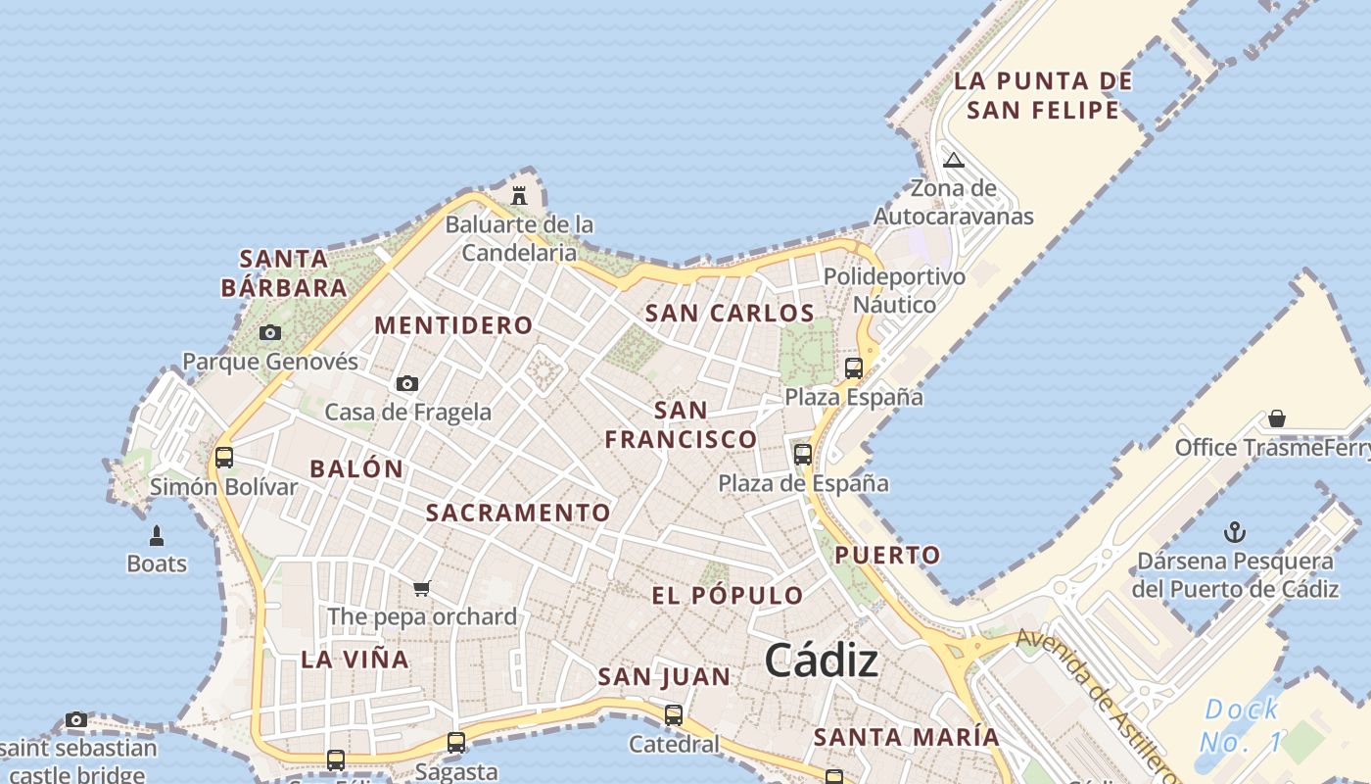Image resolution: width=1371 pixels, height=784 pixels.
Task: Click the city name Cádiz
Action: tap(821, 661)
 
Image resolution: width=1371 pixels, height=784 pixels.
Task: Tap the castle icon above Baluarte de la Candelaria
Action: tap(519, 195)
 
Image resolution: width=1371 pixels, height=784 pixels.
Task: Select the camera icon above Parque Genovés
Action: tap(270, 333)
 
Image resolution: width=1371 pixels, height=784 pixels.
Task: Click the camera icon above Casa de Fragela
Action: tap(407, 383)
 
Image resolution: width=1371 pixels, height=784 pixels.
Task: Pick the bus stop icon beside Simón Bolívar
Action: tap(224, 457)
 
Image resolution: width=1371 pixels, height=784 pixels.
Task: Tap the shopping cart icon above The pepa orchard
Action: tap(422, 588)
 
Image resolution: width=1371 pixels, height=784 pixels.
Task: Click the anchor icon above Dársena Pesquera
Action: tap(1236, 533)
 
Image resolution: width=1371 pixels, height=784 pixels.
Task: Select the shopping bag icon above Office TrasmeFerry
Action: tap(1277, 418)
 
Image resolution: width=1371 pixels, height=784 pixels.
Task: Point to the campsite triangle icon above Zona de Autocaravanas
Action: tap(954, 160)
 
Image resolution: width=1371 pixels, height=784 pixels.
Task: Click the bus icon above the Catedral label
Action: tap(673, 715)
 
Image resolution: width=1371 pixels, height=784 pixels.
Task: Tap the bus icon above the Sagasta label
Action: tap(456, 743)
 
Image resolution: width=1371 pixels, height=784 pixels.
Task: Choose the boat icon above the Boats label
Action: tap(157, 536)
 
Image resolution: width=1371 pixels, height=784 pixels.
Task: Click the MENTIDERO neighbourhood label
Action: tap(453, 325)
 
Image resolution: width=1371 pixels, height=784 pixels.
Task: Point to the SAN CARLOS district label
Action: tap(730, 314)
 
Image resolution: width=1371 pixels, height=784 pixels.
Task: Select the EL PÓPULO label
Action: tap(728, 595)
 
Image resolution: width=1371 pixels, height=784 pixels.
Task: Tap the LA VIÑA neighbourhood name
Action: tap(355, 660)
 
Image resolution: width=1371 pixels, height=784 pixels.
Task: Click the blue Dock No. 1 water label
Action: tap(1242, 725)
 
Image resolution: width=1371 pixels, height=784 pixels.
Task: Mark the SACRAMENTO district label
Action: tap(518, 513)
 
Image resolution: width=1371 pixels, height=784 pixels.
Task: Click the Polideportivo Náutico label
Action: tap(894, 290)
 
